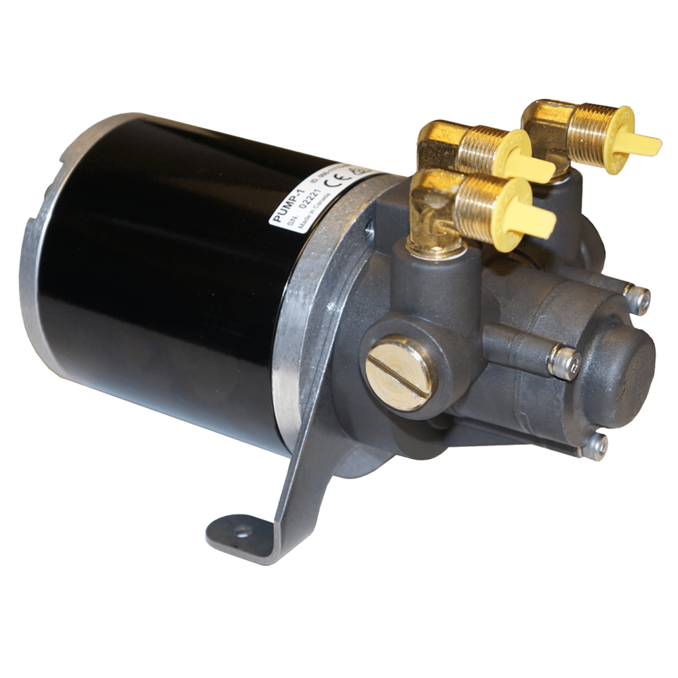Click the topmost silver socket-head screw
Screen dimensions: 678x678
click(x=638, y=298)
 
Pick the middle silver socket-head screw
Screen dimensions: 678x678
click(x=565, y=361)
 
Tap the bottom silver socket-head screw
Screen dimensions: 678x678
click(x=595, y=446)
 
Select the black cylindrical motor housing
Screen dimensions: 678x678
click(x=169, y=271)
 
